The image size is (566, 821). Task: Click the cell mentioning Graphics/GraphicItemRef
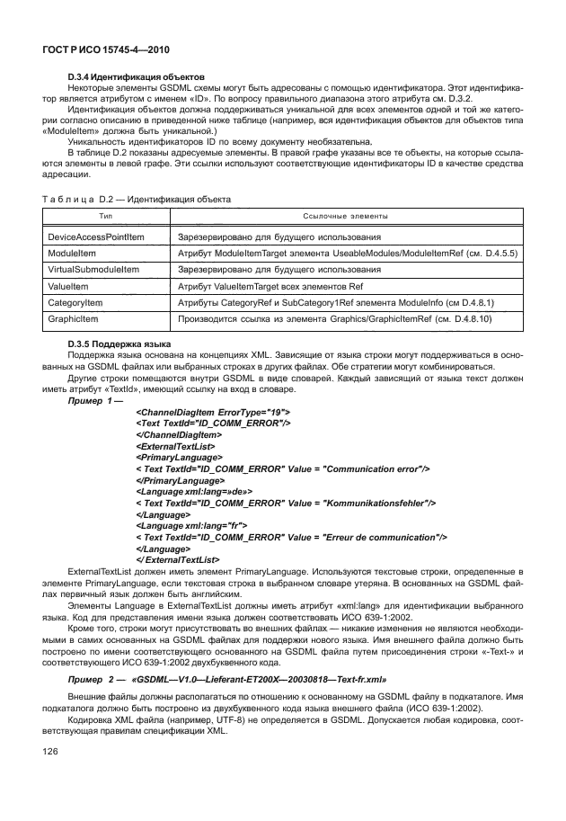pyautogui.click(x=343, y=317)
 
